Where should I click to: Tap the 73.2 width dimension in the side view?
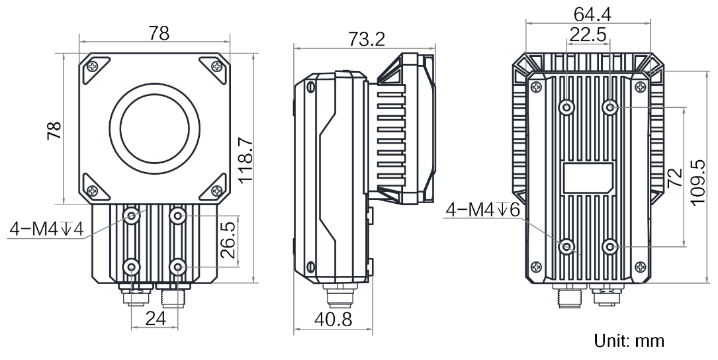point(367,40)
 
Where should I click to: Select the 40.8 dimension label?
point(333,319)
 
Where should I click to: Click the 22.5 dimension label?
point(588,34)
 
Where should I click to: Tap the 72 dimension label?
point(675,178)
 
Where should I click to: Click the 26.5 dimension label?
point(230,240)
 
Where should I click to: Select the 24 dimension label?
point(156,318)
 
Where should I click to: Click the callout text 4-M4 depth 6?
point(484,210)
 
